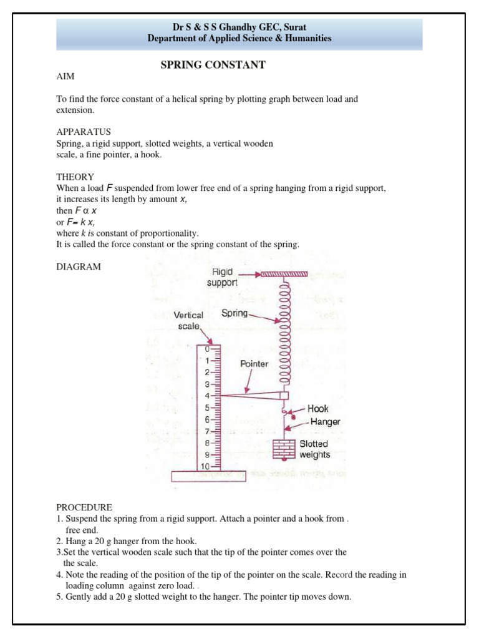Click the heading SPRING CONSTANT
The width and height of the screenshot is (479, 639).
(x=213, y=65)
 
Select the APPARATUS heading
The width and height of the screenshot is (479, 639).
(x=84, y=132)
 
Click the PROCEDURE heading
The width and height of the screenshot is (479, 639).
(x=84, y=507)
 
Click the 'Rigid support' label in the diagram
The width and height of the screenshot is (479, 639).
(x=223, y=277)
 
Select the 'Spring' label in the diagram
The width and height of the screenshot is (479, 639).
(x=235, y=313)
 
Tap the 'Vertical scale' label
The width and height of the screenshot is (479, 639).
(x=188, y=321)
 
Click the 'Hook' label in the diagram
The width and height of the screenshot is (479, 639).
(x=318, y=409)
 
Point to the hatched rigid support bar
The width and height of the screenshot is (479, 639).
(x=284, y=273)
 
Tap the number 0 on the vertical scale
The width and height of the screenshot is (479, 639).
(x=206, y=349)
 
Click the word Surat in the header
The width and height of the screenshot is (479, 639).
(x=294, y=27)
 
